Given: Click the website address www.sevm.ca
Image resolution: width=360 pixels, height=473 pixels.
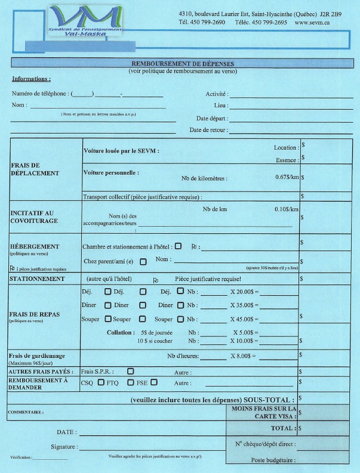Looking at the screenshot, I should click(312, 22).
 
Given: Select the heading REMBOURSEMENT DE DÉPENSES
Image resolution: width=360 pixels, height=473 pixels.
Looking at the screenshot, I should click(183, 63).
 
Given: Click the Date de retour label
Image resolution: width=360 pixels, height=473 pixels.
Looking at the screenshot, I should click(207, 129).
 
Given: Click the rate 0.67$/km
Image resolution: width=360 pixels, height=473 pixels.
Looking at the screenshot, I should click(287, 178).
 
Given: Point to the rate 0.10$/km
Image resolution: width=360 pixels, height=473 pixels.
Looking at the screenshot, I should click(287, 210).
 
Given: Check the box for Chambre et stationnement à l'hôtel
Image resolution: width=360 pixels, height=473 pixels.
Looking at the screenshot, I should click(179, 246).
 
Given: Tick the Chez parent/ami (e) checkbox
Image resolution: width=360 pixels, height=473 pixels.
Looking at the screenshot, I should click(143, 261).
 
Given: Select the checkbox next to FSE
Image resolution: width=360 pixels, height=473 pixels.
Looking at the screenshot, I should click(154, 382).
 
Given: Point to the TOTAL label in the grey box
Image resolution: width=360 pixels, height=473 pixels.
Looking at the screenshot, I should click(283, 428).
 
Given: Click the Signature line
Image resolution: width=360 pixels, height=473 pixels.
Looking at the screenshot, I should click(149, 447).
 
